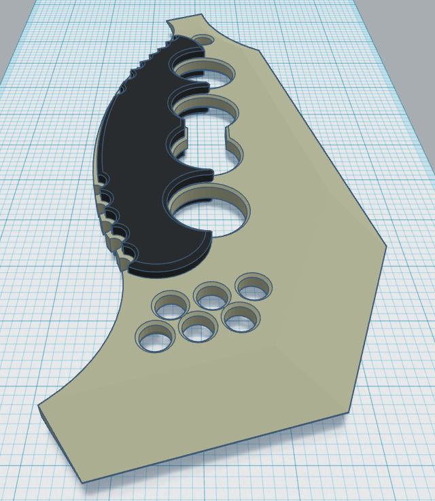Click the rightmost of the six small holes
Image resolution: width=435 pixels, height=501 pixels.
point(254,287)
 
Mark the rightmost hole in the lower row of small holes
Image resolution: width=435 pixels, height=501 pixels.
point(241,317)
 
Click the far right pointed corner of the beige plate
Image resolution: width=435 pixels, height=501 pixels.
point(386,246)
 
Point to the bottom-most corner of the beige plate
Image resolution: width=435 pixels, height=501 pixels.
point(82,483)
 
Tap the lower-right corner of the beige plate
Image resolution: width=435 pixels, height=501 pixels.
point(348,412)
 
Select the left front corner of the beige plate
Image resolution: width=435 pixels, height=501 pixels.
point(39,406)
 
